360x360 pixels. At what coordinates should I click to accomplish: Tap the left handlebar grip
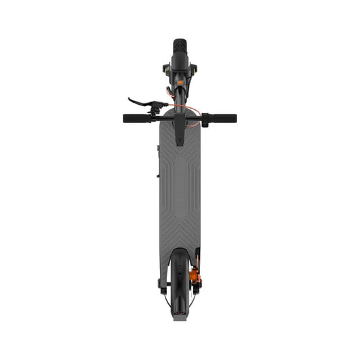135,118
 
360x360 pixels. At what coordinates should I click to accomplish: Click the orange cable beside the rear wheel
200,260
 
